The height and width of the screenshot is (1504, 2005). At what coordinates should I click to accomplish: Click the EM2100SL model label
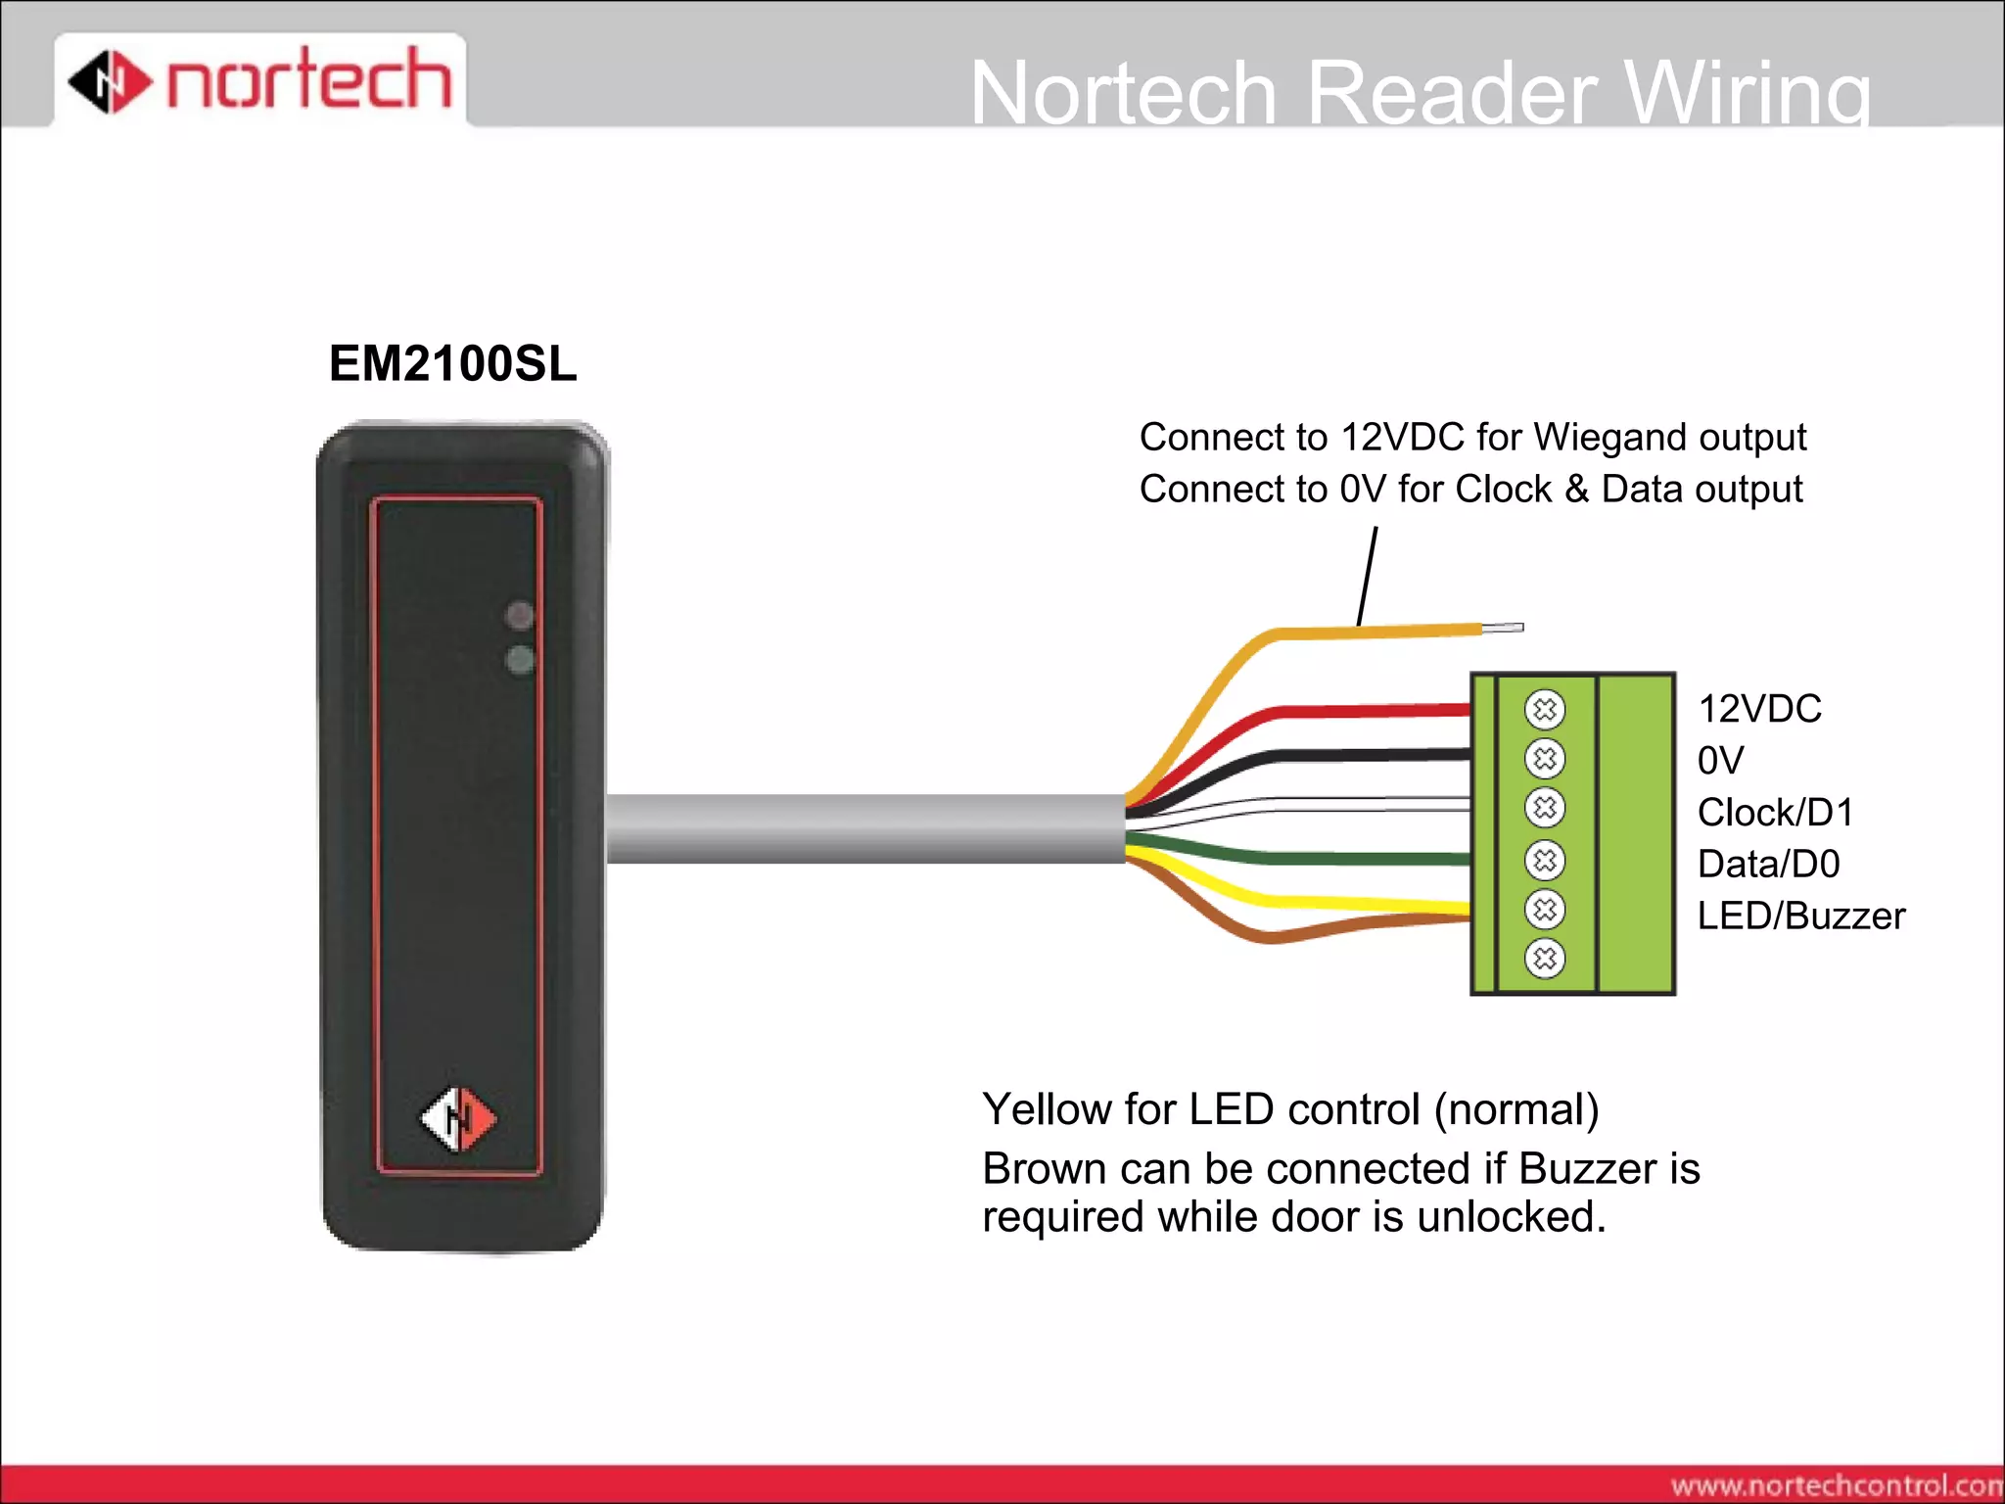point(452,364)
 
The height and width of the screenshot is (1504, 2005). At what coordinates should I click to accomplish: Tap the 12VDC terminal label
point(1759,709)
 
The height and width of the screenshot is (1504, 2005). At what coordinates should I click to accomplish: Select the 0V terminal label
point(1720,761)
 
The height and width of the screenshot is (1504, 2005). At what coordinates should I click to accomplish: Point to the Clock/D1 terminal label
point(1775,813)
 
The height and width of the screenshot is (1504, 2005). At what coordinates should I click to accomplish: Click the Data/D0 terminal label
point(1768,865)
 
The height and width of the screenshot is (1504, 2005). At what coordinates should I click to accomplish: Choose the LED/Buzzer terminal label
point(1800,916)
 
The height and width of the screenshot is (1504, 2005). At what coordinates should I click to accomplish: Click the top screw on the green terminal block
point(1545,709)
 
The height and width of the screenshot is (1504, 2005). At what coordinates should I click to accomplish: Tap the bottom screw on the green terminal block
point(1545,959)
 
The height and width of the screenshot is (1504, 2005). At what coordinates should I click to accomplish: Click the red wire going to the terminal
point(1371,710)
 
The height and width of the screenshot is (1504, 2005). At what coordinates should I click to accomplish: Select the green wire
point(1371,859)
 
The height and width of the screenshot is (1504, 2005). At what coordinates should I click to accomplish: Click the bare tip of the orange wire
point(1503,628)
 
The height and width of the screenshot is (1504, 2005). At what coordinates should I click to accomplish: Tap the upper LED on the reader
point(520,615)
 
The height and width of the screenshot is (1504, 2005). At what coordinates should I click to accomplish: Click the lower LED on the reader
point(520,660)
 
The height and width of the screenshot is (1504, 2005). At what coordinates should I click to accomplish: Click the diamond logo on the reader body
point(458,1119)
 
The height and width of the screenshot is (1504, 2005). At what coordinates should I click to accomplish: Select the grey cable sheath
point(862,828)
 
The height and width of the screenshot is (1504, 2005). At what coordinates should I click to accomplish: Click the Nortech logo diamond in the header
point(110,81)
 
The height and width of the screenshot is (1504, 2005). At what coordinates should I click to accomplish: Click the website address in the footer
point(1836,1485)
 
